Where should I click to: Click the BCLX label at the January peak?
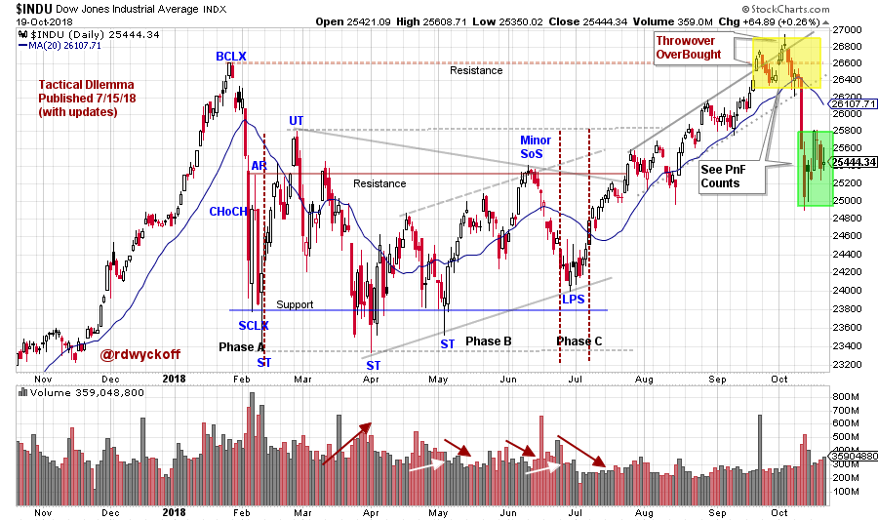(230, 58)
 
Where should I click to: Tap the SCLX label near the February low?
(253, 325)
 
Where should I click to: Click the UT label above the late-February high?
(296, 120)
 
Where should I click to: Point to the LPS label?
(573, 299)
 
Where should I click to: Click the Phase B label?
(489, 341)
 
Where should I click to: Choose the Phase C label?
(579, 341)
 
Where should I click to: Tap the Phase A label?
(241, 347)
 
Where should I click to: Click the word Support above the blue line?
(295, 304)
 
